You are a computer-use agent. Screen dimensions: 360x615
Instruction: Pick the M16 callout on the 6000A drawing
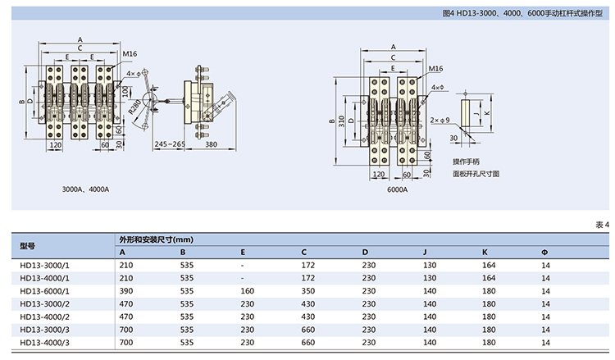(x=435, y=70)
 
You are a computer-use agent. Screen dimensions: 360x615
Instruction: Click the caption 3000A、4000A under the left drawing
(x=85, y=189)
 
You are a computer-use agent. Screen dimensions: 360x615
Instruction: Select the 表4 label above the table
(x=602, y=225)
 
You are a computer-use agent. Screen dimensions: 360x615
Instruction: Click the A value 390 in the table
(x=125, y=290)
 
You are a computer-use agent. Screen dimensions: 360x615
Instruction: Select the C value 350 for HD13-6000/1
(x=308, y=290)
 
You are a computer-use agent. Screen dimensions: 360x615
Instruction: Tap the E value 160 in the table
(x=248, y=290)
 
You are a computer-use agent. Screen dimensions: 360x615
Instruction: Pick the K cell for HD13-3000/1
(x=489, y=265)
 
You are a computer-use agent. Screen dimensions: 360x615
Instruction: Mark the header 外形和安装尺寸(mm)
(x=156, y=239)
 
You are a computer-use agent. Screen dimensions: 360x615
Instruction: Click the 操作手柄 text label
(x=468, y=162)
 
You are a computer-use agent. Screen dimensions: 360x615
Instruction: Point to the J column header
(x=424, y=251)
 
